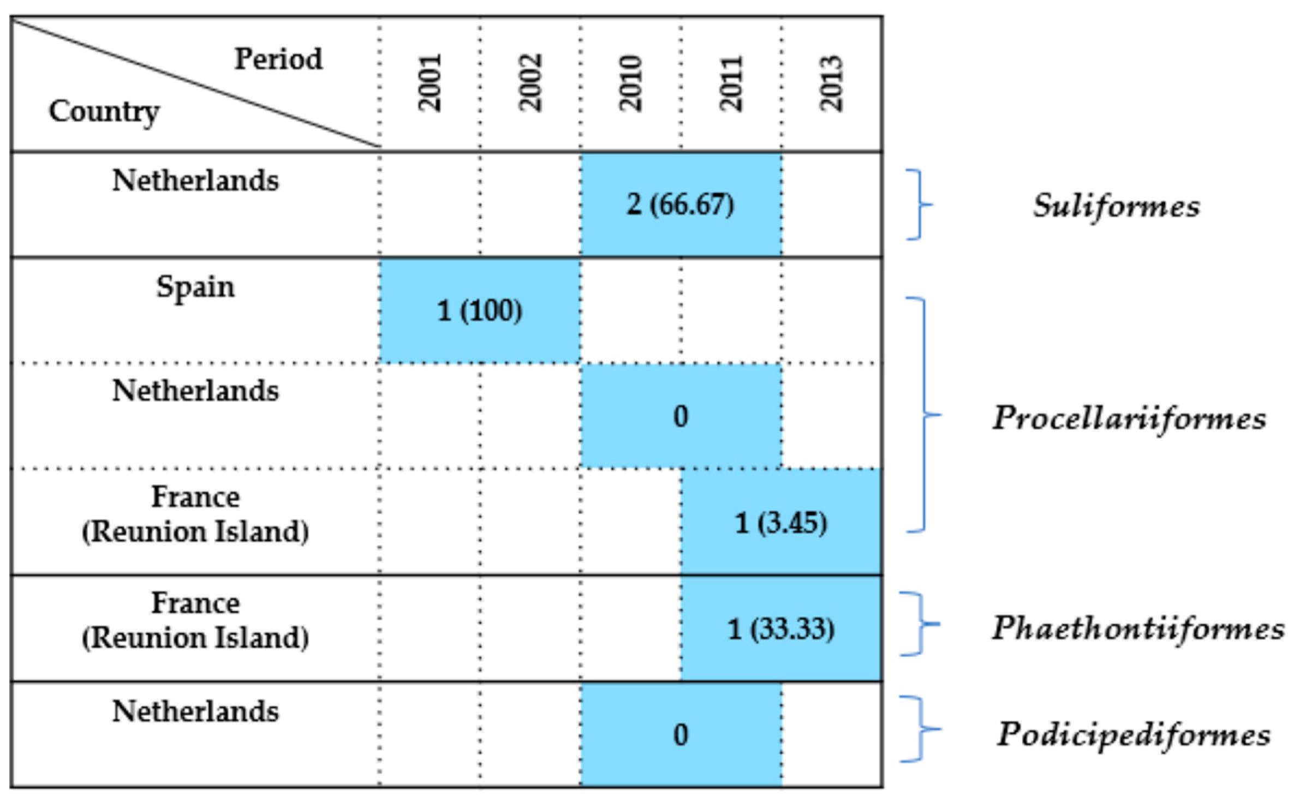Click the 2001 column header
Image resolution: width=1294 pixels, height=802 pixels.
(x=430, y=83)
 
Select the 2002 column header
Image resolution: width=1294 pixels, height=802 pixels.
(x=530, y=83)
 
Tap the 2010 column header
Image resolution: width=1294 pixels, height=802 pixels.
(x=631, y=83)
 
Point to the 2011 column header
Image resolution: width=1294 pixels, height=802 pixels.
(x=731, y=83)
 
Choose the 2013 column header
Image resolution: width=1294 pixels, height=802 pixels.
(x=832, y=83)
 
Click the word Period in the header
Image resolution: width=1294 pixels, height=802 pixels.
(x=278, y=59)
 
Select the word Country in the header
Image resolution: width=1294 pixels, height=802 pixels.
(x=104, y=112)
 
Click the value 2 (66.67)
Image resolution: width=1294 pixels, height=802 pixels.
(x=680, y=205)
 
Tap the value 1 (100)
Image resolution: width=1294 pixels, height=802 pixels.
(x=480, y=311)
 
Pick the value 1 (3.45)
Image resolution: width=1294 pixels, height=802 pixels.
(x=781, y=523)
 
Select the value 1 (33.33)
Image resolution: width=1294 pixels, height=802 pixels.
(x=781, y=629)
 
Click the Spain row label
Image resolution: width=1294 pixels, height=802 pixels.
(x=195, y=287)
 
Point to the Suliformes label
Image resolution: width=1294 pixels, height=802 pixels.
(x=1116, y=206)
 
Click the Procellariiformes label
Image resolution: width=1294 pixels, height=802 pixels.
(x=1129, y=418)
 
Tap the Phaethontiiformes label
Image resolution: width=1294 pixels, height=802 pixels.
(x=1138, y=628)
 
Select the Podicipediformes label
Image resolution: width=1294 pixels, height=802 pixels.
(x=1134, y=734)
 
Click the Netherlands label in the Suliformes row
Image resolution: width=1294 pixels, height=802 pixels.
(x=195, y=181)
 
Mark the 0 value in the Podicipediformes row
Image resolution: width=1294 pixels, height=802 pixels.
(x=681, y=735)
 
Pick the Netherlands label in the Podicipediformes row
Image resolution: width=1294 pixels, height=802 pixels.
(x=195, y=711)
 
